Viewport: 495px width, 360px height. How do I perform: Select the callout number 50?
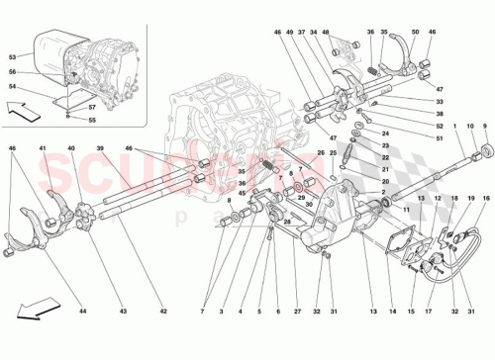[x=414, y=34]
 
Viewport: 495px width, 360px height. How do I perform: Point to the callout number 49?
[x=289, y=34]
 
